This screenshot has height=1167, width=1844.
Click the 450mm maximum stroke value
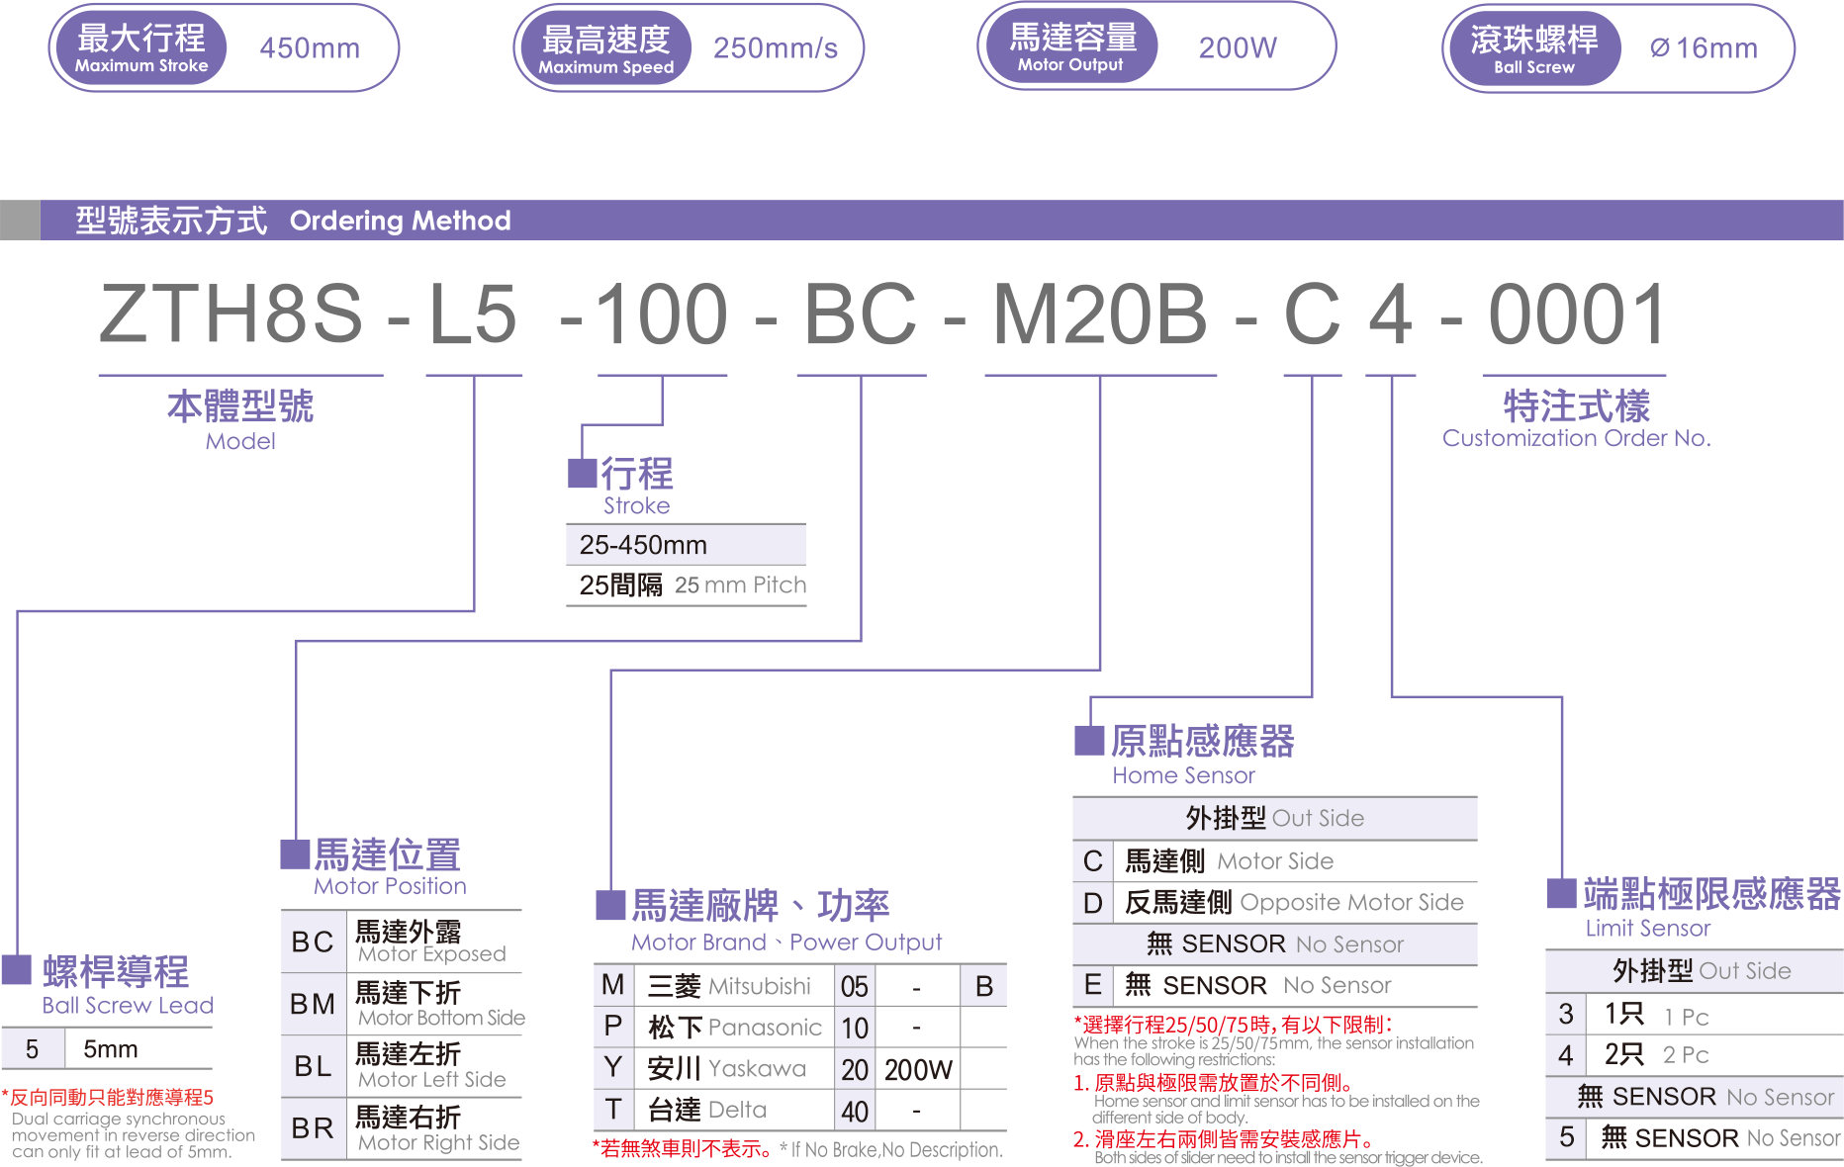[310, 47]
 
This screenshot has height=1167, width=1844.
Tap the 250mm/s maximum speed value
[775, 47]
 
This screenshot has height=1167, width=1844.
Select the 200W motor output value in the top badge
[1238, 47]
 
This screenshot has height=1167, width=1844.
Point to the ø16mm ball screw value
[1704, 47]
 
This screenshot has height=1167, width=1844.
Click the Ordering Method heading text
[400, 221]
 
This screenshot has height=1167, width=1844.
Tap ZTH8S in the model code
[231, 314]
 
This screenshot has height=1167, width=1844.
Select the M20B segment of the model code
[1099, 314]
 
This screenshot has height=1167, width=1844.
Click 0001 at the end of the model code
[1577, 314]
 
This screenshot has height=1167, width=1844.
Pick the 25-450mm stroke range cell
[643, 545]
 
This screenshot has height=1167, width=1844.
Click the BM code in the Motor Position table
[313, 1004]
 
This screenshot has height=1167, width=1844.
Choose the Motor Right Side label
[438, 1143]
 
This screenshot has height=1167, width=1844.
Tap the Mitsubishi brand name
[760, 986]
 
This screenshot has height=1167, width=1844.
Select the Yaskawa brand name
[757, 1069]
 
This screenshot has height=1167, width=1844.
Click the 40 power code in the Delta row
[855, 1112]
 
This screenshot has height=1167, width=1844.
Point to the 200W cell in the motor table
[918, 1070]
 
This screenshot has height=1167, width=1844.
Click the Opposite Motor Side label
[1351, 902]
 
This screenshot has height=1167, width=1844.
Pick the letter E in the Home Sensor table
[1092, 985]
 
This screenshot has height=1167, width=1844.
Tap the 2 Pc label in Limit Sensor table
[1686, 1055]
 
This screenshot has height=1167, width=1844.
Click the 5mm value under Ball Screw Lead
[111, 1049]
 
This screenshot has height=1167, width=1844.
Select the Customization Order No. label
[1576, 438]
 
